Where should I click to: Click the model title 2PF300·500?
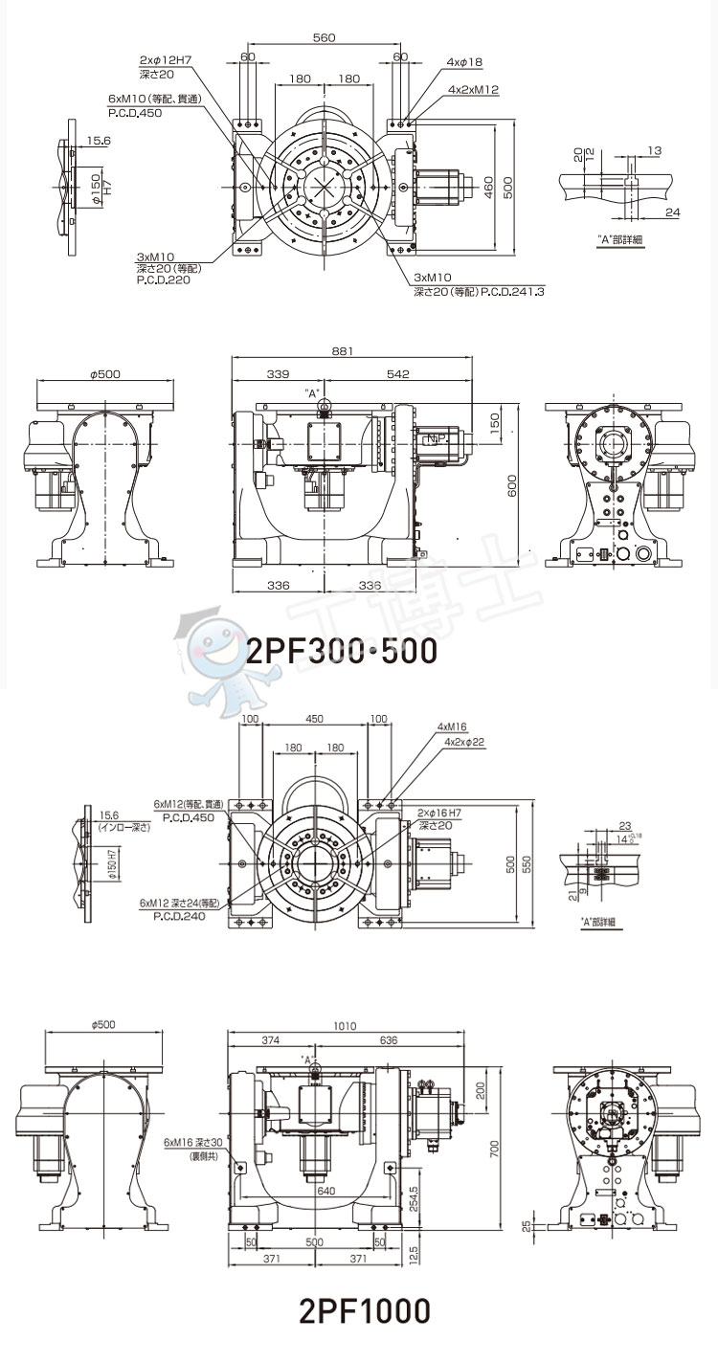342,651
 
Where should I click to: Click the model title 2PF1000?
364,1310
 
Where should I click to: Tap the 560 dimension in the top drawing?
324,37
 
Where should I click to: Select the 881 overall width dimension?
342,352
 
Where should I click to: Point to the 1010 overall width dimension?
346,1026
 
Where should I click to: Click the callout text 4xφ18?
465,62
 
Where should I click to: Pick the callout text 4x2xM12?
473,89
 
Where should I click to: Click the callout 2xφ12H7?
165,60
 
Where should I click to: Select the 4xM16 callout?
453,726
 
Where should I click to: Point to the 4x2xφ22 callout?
465,742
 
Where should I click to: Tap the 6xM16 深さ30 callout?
192,1142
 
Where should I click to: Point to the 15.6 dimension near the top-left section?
98,141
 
